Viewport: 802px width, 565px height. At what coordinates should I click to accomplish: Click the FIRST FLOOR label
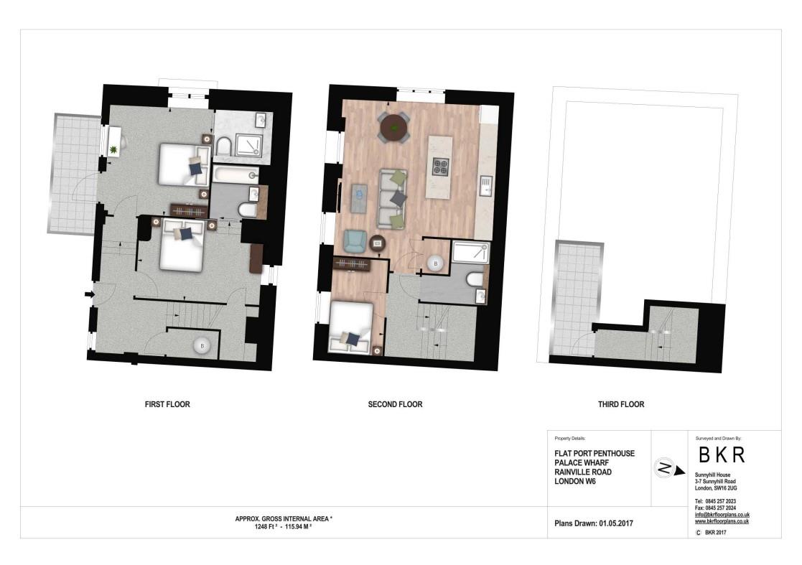[x=167, y=404]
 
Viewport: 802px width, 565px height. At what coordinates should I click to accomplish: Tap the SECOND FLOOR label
[x=395, y=404]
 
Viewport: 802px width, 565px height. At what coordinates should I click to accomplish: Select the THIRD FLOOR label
[x=621, y=404]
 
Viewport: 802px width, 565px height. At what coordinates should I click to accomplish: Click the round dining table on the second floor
[x=393, y=128]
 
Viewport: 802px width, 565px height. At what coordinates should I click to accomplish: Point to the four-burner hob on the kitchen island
[x=440, y=167]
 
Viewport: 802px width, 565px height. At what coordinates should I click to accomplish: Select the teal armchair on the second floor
[x=353, y=241]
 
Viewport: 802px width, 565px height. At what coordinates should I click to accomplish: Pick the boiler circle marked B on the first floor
[x=202, y=346]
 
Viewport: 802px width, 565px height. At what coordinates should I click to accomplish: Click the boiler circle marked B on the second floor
[x=434, y=264]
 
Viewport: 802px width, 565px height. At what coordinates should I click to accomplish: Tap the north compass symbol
[x=664, y=469]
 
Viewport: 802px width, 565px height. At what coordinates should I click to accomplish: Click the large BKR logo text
[x=722, y=454]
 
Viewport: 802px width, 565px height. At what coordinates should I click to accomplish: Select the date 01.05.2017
[x=615, y=523]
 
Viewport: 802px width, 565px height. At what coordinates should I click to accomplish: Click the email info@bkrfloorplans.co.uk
[x=722, y=515]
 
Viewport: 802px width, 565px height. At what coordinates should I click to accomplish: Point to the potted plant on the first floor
[x=113, y=149]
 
